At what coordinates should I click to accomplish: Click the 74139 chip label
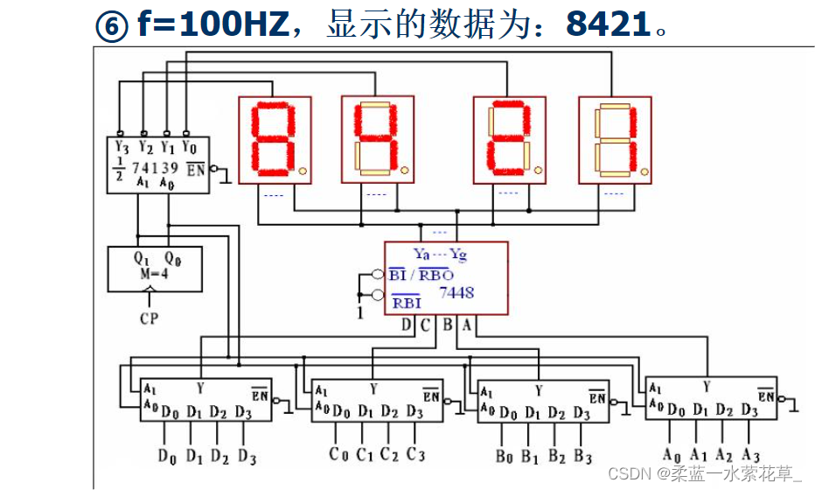(x=155, y=167)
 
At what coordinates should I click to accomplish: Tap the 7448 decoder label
(x=456, y=292)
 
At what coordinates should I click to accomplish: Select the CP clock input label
(x=150, y=318)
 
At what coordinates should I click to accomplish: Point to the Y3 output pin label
(x=121, y=147)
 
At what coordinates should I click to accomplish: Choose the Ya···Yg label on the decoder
(x=440, y=254)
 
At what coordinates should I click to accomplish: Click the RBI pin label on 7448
(x=406, y=303)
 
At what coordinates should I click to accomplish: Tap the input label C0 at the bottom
(x=338, y=455)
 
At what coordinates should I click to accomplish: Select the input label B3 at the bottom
(x=582, y=456)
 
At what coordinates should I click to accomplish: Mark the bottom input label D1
(x=193, y=456)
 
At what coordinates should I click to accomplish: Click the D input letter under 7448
(x=407, y=325)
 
